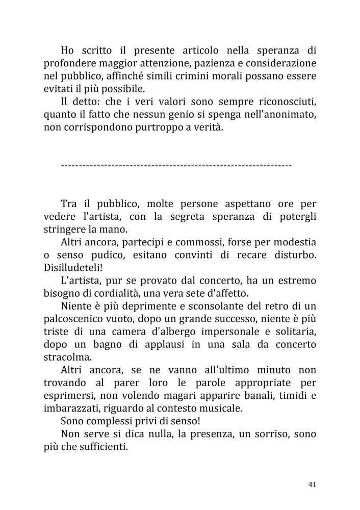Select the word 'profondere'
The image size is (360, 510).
point(68,63)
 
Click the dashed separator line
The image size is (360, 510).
point(176,166)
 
